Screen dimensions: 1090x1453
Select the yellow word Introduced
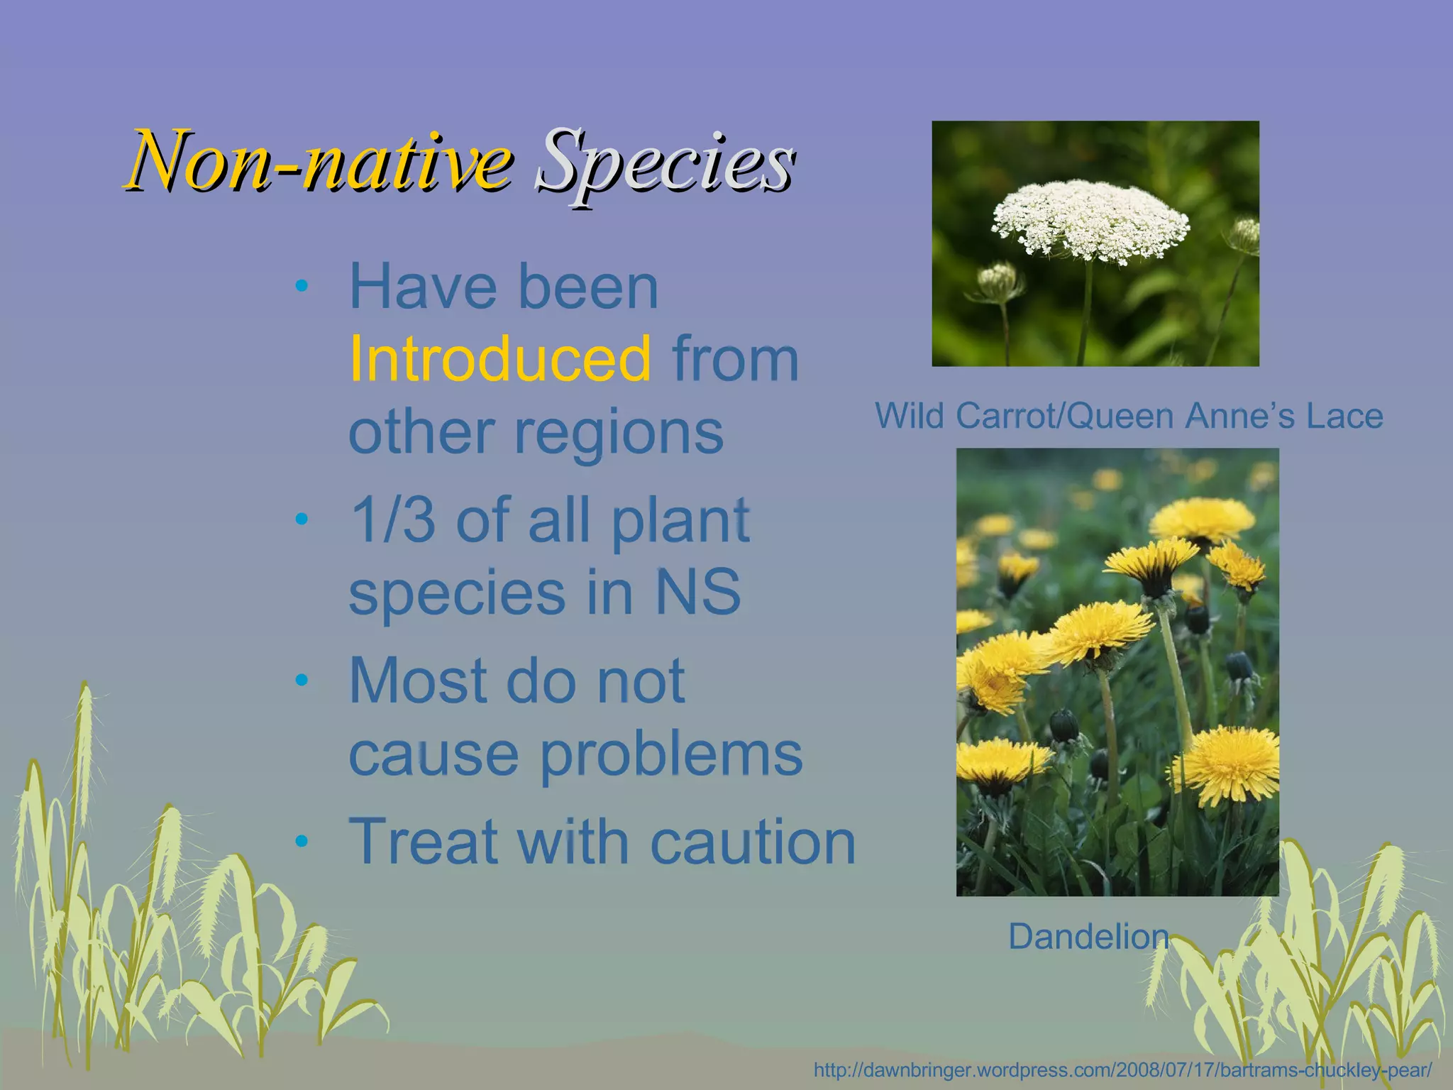[500, 359]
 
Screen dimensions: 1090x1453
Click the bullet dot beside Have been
[302, 287]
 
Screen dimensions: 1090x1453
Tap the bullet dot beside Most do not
[302, 681]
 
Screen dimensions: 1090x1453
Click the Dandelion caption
[1088, 937]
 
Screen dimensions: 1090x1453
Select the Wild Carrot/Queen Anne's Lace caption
[1128, 416]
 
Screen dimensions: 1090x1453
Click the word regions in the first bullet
[617, 433]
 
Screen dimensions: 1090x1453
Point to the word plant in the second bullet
[680, 520]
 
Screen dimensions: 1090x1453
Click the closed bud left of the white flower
[998, 279]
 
